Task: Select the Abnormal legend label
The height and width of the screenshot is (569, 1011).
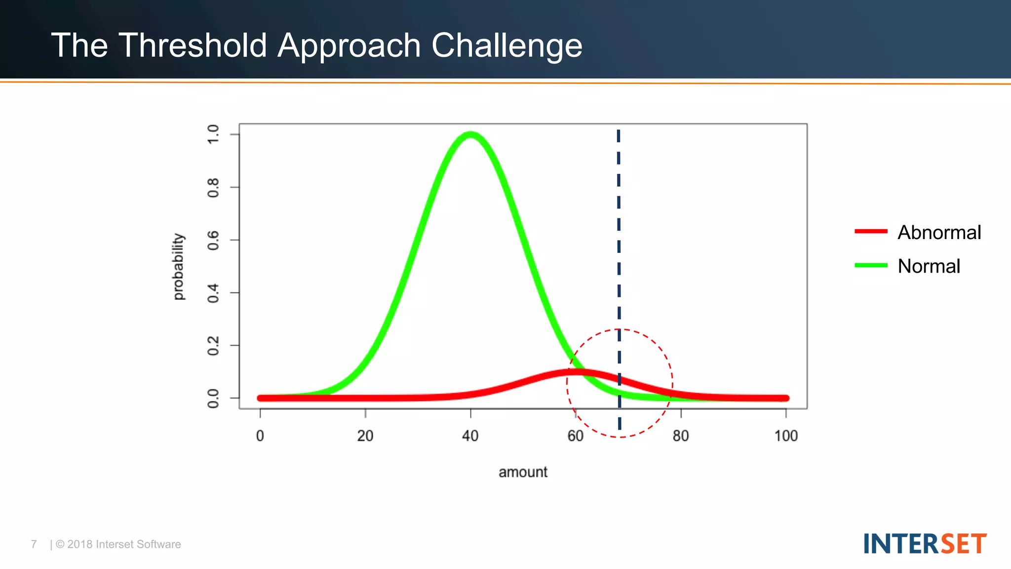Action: click(939, 232)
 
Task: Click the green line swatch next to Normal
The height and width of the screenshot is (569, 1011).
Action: click(871, 265)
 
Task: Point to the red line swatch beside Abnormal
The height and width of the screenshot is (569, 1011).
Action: click(871, 231)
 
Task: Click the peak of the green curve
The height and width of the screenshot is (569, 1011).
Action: click(470, 134)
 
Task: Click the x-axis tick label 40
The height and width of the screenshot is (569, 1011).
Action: click(470, 436)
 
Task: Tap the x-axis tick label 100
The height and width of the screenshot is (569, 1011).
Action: click(785, 436)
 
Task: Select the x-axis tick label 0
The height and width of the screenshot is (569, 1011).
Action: click(260, 436)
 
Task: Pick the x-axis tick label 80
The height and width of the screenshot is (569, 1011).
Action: click(680, 436)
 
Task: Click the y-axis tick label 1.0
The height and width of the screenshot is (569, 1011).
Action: click(213, 134)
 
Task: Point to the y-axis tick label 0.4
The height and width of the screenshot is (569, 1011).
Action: click(213, 293)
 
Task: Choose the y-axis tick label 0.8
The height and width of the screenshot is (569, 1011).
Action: click(213, 188)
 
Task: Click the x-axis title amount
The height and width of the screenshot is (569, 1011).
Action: click(523, 472)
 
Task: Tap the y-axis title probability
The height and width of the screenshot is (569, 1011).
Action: click(178, 267)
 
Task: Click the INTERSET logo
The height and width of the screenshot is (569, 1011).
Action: click(925, 544)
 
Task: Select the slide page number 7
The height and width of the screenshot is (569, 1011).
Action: click(34, 544)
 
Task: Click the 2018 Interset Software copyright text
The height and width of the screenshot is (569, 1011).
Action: click(118, 544)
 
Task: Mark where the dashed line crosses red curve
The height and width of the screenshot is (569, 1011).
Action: click(619, 379)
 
